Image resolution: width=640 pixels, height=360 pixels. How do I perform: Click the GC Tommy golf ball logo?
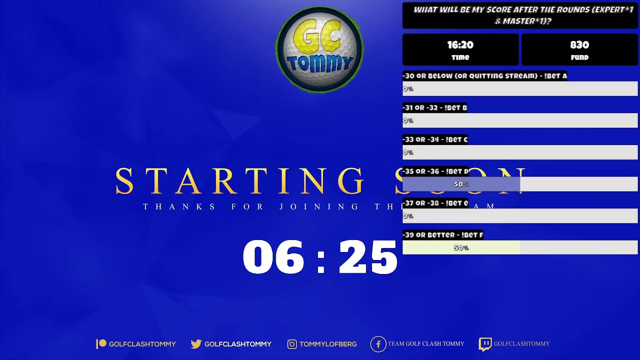tap(319, 50)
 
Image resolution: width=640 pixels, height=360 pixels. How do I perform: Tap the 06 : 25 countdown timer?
tap(320, 257)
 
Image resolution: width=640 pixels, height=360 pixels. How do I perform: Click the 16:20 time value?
tap(460, 45)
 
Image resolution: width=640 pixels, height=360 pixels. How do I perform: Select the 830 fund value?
tap(579, 45)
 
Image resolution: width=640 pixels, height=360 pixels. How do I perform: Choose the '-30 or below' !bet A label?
tap(484, 76)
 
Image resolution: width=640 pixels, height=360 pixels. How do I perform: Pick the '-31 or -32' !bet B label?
tap(434, 107)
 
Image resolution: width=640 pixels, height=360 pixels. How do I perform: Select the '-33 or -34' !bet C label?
tap(435, 139)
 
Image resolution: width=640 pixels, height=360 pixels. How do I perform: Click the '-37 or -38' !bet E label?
tap(435, 203)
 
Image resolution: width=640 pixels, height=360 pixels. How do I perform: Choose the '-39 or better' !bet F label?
tap(442, 235)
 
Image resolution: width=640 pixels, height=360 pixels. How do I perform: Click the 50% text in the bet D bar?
tap(461, 184)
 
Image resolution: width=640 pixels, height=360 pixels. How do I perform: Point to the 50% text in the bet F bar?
tap(461, 248)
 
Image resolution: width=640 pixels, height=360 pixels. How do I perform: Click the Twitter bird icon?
tap(196, 344)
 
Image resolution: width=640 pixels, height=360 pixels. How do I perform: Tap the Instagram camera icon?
tap(292, 344)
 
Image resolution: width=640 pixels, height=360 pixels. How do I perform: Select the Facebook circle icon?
tap(378, 344)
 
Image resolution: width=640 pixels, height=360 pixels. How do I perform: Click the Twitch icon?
tap(485, 344)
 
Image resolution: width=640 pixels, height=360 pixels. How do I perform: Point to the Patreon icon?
tap(101, 343)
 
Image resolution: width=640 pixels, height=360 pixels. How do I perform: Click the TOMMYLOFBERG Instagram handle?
tap(328, 344)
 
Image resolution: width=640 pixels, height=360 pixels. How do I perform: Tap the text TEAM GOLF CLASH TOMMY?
tap(426, 344)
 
